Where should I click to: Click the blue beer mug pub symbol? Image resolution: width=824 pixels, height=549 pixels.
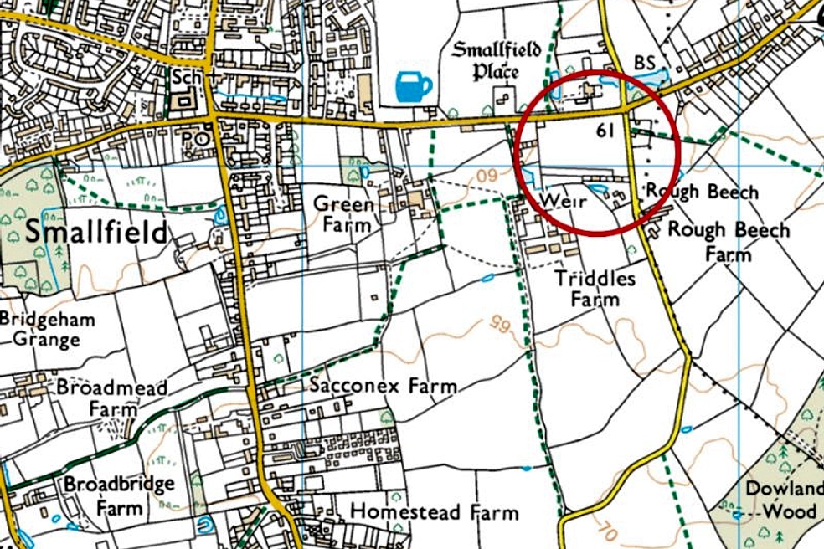coord(413,85)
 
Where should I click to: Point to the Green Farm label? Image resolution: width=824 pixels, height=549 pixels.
coord(342,213)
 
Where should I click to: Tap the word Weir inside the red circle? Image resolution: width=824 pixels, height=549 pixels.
coord(561,201)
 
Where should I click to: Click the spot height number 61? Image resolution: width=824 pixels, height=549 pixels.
coord(607,130)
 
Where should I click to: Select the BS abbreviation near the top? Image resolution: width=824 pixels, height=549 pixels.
coord(644,63)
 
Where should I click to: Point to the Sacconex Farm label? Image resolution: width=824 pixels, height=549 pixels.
coord(384,386)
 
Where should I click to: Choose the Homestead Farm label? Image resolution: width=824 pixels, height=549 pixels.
coord(434,511)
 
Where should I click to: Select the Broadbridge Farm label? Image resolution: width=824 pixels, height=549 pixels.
coord(119,495)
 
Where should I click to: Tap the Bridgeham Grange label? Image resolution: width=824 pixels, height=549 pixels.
coord(47,329)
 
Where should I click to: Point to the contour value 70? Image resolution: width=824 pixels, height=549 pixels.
coord(608,529)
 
